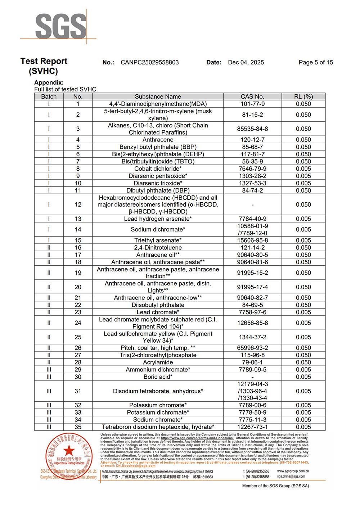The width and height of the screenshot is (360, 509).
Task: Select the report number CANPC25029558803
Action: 150,62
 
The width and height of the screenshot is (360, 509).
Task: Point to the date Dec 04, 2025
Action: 246,62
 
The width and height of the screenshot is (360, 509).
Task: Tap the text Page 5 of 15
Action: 316,62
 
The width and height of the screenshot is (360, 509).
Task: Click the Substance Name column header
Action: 158,96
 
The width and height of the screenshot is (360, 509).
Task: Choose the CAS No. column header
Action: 252,96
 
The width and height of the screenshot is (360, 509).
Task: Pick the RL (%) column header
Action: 303,96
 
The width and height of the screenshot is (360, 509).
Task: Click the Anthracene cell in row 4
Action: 158,140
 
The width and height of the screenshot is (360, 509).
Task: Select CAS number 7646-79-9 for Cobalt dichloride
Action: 252,169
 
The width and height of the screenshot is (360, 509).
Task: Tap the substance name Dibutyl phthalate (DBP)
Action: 158,190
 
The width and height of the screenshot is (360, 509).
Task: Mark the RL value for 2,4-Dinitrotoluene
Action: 303,248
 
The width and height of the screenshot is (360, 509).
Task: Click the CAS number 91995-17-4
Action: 252,287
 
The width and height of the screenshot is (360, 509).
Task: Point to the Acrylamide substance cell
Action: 158,362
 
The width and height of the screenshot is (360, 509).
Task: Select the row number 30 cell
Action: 78,377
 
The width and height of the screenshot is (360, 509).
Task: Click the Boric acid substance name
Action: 158,377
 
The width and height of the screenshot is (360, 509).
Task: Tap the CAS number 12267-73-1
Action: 252,427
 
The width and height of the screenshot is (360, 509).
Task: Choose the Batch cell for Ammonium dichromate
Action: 49,369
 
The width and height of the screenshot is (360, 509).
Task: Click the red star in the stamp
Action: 69,450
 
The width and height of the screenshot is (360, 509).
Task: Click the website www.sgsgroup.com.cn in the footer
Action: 293,471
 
